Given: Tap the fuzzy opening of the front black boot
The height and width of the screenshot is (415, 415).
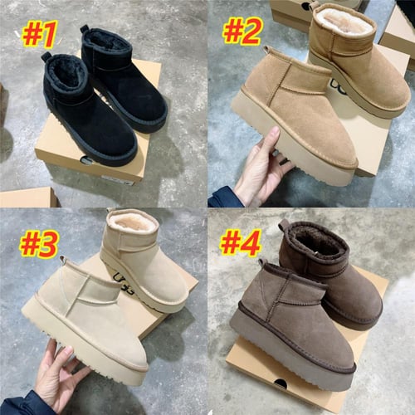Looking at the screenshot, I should coord(62,77).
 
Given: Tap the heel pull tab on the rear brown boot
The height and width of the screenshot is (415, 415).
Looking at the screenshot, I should coord(284,225).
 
